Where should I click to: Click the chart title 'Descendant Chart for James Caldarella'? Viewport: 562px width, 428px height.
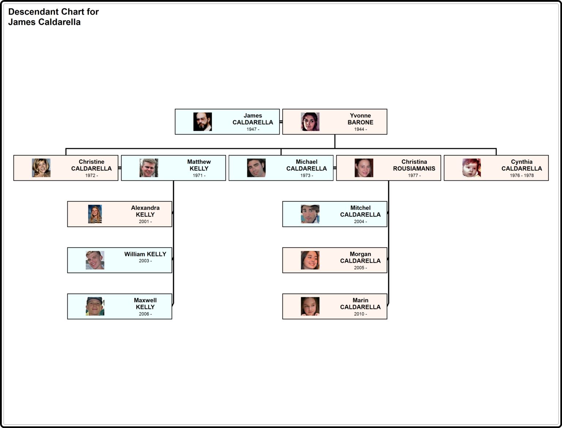53,17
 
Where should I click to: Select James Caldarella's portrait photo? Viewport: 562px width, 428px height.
203,121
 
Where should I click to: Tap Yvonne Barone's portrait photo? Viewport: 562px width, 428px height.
310,121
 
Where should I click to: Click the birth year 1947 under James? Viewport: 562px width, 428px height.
253,129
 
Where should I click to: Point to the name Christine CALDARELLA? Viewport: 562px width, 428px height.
91,165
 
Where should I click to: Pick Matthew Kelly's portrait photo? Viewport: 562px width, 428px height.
149,168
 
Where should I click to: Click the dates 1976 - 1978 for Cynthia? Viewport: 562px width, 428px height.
521,175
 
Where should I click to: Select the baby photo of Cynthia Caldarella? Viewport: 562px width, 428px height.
472,168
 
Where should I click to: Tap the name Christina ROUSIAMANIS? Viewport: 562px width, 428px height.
414,165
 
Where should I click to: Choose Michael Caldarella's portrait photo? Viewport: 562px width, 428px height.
256,168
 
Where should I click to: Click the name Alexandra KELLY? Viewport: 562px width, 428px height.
145,211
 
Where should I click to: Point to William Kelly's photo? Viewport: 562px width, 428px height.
95,260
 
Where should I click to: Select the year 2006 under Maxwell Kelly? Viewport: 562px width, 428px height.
145,314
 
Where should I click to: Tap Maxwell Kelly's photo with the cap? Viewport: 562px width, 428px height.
95,307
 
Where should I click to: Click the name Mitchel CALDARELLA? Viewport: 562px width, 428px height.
360,211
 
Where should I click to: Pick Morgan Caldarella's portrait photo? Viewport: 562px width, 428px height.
310,260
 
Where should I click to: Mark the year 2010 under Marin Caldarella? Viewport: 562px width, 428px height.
360,314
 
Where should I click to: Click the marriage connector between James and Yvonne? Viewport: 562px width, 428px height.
281,122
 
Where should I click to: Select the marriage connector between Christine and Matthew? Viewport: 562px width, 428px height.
120,168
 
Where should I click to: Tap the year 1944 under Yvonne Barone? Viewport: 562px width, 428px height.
360,129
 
